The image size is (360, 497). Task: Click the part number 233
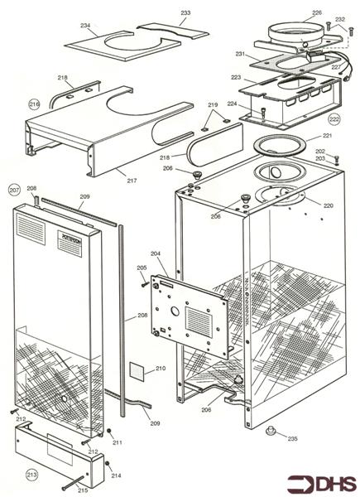(x=185, y=13)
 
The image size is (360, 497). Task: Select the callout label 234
(x=85, y=25)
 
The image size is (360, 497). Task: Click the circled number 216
(x=34, y=104)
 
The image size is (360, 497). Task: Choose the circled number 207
(x=14, y=190)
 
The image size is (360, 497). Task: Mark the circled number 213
(x=32, y=475)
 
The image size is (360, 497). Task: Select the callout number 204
(x=155, y=253)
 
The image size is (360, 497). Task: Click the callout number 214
(x=116, y=475)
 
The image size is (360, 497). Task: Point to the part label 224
(x=232, y=104)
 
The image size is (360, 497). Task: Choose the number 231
(x=240, y=54)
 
